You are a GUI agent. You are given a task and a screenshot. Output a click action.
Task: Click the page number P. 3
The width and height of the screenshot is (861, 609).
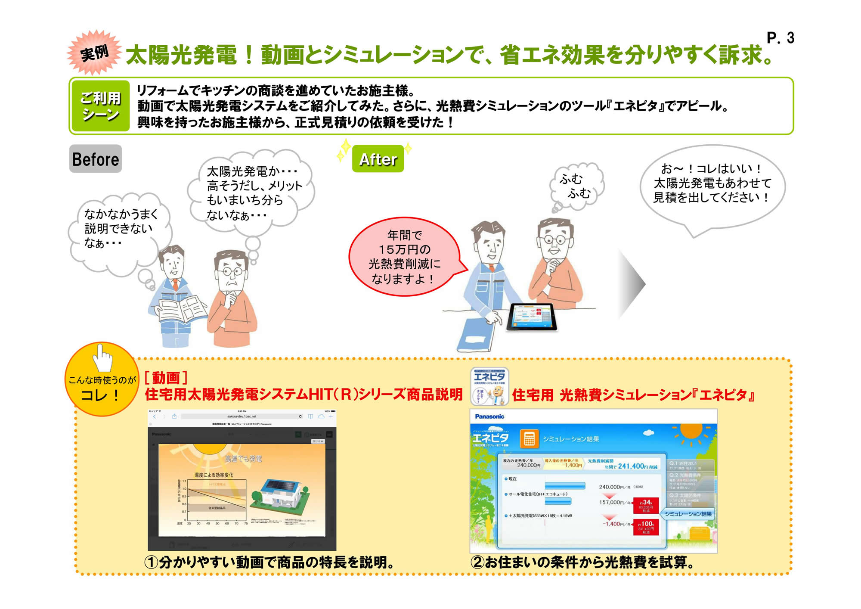(x=780, y=38)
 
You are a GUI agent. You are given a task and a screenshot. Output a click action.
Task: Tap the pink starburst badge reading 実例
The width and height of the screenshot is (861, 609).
(x=94, y=53)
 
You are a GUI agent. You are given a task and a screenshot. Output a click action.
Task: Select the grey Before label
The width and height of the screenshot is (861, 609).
(x=95, y=159)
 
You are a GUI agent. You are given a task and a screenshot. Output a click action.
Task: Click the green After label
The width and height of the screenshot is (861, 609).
(x=378, y=159)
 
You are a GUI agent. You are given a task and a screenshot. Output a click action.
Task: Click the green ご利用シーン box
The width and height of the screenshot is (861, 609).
(x=100, y=106)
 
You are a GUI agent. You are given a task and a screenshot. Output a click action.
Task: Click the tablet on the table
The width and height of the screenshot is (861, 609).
(x=532, y=317)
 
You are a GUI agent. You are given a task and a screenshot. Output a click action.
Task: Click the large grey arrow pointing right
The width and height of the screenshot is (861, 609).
(x=632, y=283)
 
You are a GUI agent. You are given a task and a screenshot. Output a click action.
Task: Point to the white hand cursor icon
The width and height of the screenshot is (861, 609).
(x=102, y=357)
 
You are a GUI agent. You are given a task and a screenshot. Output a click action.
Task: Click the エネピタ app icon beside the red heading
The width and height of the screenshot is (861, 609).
(x=489, y=386)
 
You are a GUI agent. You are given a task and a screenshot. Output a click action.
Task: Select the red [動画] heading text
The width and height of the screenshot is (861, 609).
(x=166, y=378)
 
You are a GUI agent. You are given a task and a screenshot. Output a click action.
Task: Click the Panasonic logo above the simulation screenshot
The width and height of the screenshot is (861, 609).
(x=489, y=416)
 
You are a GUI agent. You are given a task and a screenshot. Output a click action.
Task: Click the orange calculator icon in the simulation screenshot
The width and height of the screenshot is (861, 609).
(x=529, y=439)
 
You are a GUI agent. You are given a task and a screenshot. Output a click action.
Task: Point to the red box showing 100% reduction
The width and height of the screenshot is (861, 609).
(x=646, y=527)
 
